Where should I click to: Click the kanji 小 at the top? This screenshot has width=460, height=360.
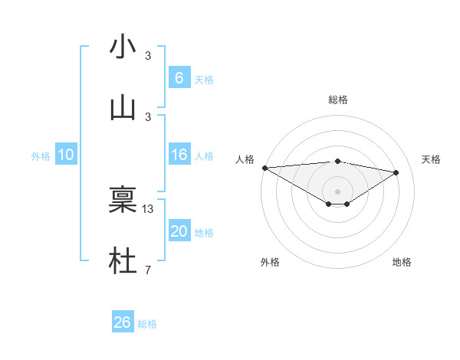click(x=123, y=47)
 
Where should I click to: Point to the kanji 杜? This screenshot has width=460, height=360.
click(x=123, y=260)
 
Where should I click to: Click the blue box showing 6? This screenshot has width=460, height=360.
click(x=179, y=77)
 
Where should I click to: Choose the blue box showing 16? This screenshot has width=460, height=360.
click(x=179, y=155)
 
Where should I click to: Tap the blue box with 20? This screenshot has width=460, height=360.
click(x=179, y=231)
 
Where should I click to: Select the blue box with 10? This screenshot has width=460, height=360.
click(x=66, y=155)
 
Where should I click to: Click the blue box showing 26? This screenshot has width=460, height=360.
click(x=123, y=322)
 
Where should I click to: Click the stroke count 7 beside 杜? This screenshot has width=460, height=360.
click(x=148, y=270)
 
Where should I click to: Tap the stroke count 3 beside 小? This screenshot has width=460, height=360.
click(x=148, y=55)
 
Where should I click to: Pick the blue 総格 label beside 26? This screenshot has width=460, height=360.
click(x=147, y=324)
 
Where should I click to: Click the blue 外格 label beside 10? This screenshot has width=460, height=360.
click(x=41, y=156)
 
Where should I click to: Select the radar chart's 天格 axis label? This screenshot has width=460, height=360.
click(x=431, y=159)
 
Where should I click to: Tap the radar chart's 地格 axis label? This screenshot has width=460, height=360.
click(x=402, y=262)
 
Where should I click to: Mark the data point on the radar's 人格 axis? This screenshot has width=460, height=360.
click(x=264, y=168)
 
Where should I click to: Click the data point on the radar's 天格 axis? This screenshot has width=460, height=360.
click(x=396, y=172)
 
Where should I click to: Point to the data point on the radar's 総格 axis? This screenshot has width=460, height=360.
click(x=337, y=161)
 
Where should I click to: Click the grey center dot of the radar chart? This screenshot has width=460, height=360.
click(x=337, y=191)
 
